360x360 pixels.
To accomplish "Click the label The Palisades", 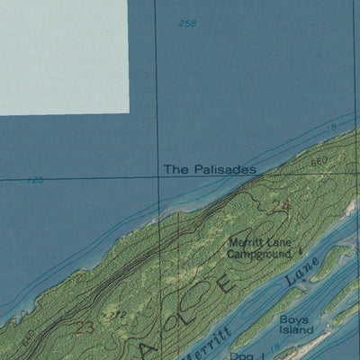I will click(x=210, y=168).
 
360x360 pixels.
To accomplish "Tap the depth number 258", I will click(x=187, y=23).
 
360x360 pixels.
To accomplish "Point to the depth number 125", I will click(x=36, y=181).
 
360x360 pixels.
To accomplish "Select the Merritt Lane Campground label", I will click(x=260, y=247).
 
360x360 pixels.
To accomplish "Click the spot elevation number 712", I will click(x=114, y=316).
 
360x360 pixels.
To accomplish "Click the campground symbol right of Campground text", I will click(x=300, y=252).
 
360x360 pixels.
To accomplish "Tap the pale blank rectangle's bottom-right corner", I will click(x=129, y=113).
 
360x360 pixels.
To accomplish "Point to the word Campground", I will click(x=259, y=254).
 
